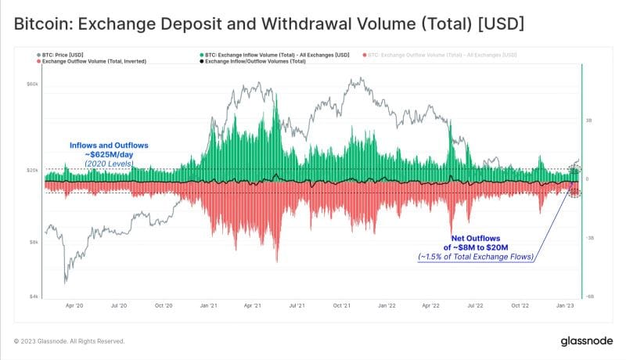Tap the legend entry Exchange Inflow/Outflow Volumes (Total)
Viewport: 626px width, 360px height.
[254, 60]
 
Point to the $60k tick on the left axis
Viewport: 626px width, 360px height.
[32, 84]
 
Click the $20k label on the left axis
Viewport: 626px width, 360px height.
[32, 170]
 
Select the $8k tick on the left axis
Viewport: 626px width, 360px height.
[33, 242]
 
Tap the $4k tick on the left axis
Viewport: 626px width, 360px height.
[33, 297]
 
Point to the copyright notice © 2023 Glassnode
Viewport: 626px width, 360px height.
[69, 341]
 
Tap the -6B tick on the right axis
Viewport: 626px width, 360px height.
[591, 297]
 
